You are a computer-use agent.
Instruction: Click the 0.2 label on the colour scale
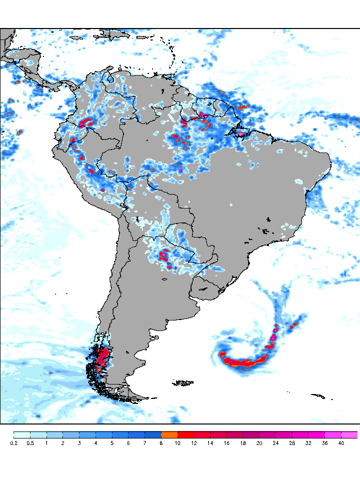[x=13, y=443]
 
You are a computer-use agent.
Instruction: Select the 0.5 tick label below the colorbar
[x=30, y=443]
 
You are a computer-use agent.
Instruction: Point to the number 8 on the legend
[x=161, y=443]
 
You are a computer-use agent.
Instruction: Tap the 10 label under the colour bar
[x=177, y=443]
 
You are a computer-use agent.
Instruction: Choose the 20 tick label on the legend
[x=259, y=443]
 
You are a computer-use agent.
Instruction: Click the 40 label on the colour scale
[x=341, y=443]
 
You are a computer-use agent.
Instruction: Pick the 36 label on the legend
[x=324, y=443]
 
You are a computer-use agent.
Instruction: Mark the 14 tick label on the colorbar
[x=210, y=443]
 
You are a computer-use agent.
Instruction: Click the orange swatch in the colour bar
[x=169, y=434]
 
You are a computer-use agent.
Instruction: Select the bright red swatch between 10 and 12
[x=185, y=434]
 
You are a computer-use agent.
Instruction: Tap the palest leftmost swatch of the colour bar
[x=21, y=434]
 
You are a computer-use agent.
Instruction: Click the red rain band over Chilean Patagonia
[x=104, y=358]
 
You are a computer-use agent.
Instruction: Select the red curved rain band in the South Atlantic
[x=245, y=361]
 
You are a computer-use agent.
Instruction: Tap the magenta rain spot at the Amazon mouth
[x=242, y=134]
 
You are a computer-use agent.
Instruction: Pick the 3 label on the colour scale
[x=79, y=443]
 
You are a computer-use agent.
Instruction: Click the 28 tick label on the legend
[x=292, y=443]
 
